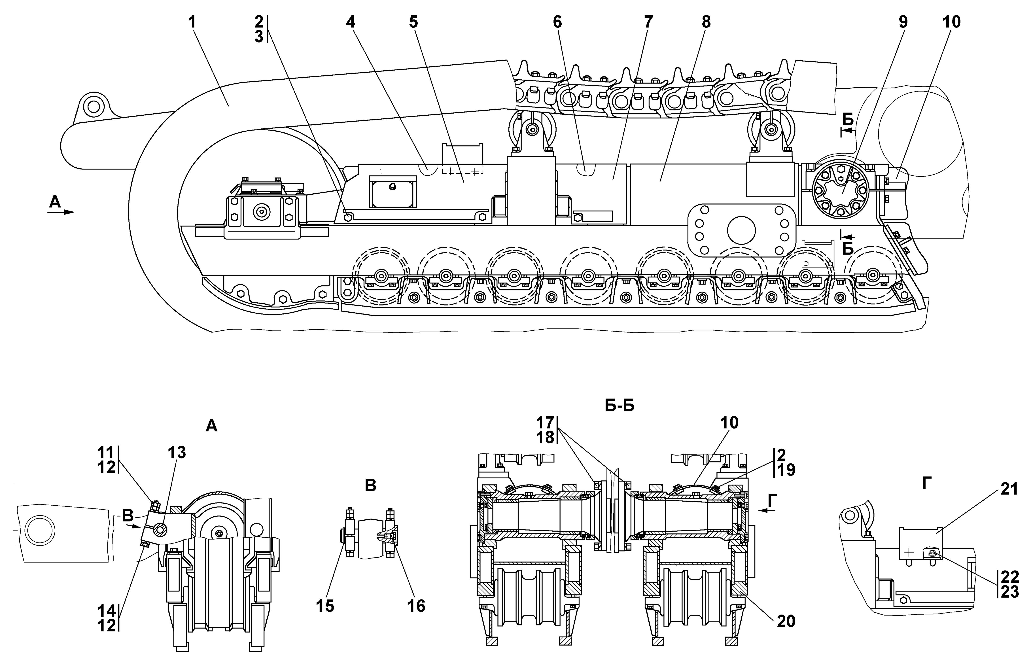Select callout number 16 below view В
tap(416, 606)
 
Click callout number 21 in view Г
tap(1009, 489)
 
